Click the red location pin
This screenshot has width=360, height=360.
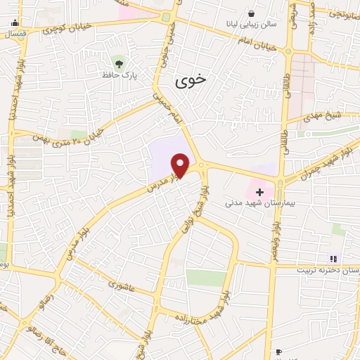click(x=181, y=165)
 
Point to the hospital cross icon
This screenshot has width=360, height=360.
click(x=260, y=191)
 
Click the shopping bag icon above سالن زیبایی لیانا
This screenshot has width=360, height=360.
click(x=252, y=13)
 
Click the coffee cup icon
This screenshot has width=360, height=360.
click(x=278, y=352)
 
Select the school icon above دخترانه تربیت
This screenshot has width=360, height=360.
click(x=333, y=259)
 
